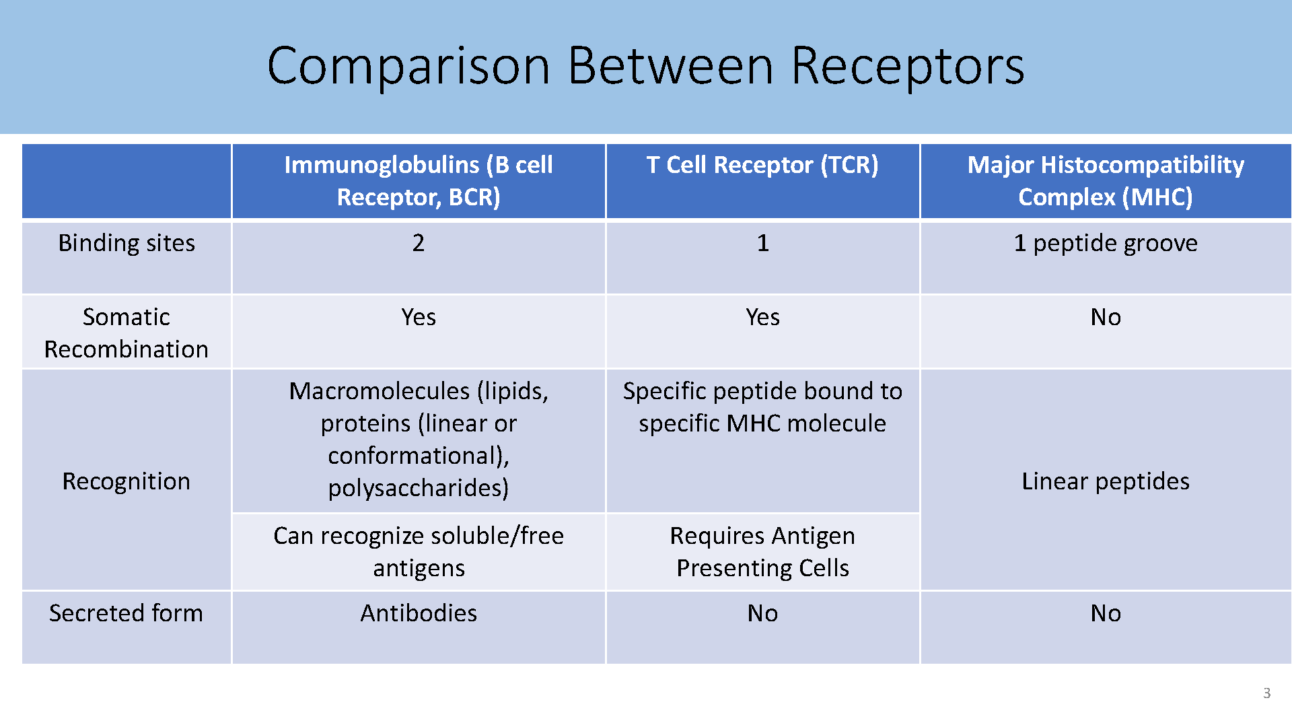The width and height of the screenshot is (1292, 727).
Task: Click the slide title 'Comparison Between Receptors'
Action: coord(645,66)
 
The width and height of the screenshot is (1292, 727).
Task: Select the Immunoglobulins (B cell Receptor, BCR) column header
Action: coord(419,180)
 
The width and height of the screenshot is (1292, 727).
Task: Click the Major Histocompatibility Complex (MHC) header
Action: coord(1106,180)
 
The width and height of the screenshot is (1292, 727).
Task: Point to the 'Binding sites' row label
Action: coord(127,242)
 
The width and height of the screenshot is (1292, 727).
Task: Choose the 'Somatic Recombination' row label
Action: coord(127,333)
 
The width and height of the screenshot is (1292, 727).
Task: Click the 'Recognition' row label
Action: coord(127,481)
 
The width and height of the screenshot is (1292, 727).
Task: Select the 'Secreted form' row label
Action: coord(127,613)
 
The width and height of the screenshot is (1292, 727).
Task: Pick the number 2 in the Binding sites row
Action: coord(419,242)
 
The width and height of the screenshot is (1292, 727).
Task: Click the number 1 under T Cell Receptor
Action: coord(762,242)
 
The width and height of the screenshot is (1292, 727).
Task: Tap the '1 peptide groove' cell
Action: coord(1106,242)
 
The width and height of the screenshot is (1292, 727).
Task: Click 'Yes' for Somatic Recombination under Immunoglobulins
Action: coord(419,316)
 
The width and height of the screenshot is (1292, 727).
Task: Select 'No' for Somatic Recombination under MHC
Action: coord(1106,316)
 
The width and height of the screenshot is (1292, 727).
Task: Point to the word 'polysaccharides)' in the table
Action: coord(419,487)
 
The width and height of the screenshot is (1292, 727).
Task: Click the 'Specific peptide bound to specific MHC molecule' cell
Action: coord(762,407)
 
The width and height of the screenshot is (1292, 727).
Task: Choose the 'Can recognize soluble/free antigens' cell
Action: coord(419,551)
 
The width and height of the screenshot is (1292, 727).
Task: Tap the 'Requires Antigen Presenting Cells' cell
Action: coord(762,551)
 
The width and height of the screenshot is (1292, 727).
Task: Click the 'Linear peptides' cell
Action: coord(1106,481)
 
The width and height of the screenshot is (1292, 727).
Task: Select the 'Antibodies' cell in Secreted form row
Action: coord(419,613)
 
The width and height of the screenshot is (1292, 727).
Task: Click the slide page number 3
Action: coord(1267,693)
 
